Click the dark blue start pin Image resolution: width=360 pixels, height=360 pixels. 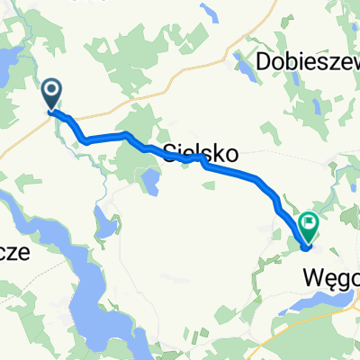tap(52, 92)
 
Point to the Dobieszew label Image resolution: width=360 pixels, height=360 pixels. tap(308, 61)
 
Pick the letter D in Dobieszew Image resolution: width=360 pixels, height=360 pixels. tap(265, 61)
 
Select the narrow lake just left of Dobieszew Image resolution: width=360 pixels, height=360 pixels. tap(243, 65)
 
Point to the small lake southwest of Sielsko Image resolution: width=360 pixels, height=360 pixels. tap(150, 183)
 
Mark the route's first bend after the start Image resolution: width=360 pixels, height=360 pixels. tap(85, 139)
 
